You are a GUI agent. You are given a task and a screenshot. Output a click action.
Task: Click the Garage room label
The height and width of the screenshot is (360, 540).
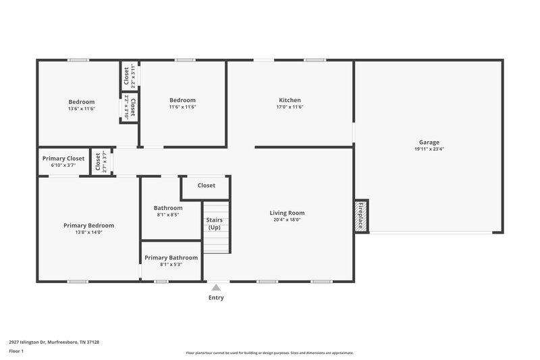tap(429, 143)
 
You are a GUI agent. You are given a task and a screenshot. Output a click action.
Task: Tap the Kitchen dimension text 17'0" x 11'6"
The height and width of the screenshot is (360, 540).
tap(290, 107)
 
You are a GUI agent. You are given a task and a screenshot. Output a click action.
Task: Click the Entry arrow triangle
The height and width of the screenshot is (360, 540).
tap(216, 288)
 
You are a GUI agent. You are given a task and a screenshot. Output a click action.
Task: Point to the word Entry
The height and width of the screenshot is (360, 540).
tap(216, 298)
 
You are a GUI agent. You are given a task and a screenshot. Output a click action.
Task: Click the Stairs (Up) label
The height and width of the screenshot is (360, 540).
tap(215, 224)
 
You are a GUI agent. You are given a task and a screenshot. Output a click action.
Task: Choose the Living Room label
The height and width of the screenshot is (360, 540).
tap(288, 213)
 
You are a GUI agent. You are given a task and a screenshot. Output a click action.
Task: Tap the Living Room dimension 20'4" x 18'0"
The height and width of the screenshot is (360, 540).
tap(288, 220)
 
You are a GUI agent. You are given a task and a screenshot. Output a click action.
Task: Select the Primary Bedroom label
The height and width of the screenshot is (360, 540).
tap(88, 226)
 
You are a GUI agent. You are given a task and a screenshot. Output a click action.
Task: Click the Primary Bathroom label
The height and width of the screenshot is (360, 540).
tap(171, 257)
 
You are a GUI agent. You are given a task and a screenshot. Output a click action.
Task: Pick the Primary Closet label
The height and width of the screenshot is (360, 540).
tap(63, 158)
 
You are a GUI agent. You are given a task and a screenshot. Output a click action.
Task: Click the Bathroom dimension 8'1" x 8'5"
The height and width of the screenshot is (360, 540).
tap(168, 215)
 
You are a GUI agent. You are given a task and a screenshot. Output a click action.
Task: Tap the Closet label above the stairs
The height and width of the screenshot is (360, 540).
tap(207, 186)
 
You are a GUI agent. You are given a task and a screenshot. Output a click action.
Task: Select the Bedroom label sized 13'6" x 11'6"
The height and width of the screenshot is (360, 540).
tap(82, 101)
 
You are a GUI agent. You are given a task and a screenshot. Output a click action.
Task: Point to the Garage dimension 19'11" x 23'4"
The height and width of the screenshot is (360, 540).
tap(429, 150)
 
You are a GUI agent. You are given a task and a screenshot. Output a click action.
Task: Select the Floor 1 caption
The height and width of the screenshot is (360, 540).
tap(16, 351)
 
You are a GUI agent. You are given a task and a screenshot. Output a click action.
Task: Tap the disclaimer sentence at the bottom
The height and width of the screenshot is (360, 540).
tap(270, 353)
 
